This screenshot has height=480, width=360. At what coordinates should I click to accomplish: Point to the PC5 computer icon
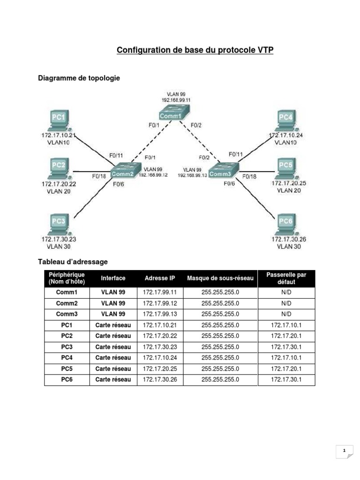click(x=286, y=168)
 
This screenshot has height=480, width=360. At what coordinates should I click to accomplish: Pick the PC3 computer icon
click(x=59, y=224)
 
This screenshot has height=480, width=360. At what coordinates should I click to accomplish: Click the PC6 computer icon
click(x=286, y=224)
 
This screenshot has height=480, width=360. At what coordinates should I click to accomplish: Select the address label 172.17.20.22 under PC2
click(x=59, y=184)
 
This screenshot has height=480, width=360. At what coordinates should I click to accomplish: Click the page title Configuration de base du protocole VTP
click(x=195, y=51)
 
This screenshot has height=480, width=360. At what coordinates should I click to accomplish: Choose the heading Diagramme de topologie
click(x=79, y=78)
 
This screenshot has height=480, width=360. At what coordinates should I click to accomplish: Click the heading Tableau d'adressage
click(x=73, y=262)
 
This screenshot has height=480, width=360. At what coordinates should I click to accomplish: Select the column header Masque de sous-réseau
click(x=220, y=278)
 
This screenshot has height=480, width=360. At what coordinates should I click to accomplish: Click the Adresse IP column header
click(x=160, y=278)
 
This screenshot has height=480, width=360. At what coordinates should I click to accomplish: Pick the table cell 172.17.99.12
click(x=160, y=303)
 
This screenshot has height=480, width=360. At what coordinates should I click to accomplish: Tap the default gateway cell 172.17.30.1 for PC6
click(x=286, y=379)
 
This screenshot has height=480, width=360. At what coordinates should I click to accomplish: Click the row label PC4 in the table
click(x=67, y=358)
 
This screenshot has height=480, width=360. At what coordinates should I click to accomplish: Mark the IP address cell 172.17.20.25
click(x=160, y=368)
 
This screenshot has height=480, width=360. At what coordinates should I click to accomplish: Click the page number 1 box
click(x=345, y=451)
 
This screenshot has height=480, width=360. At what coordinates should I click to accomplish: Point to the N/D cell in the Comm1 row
click(x=286, y=292)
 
